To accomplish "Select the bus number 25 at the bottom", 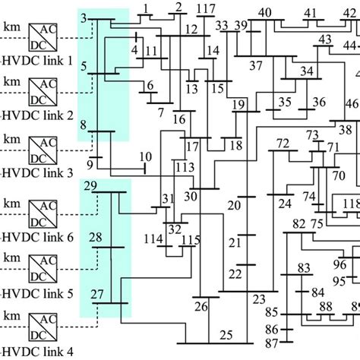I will tap(226, 335).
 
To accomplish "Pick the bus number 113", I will tap(184, 167).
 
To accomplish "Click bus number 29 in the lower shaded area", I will tap(90, 186).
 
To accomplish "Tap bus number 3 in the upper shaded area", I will tap(83, 18).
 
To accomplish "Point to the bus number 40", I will tap(264, 11).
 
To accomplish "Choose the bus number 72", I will tap(283, 144).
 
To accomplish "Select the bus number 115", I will tap(191, 240).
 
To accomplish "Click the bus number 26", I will tap(201, 307).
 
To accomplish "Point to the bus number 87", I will tap(271, 344).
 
